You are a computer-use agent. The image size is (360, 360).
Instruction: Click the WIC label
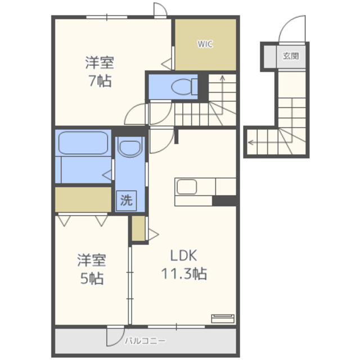pos(205,44)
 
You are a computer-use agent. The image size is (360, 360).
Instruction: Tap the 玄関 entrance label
pos(291,56)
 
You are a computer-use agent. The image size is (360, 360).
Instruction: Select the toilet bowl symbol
pos(184,87)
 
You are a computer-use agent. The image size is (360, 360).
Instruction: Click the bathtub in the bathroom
pos(83,143)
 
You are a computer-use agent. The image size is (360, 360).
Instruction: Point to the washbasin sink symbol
pos(130,148)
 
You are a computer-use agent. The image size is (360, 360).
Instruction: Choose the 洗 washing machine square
pos(126,200)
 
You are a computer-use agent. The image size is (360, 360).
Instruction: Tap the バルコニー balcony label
pos(145,341)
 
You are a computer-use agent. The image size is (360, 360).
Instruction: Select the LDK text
pos(184,255)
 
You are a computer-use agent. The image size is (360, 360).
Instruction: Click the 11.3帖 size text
pos(184,274)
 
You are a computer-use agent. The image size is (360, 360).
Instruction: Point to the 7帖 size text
pos(100,81)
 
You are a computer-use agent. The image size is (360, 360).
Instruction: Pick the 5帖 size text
pos(92,278)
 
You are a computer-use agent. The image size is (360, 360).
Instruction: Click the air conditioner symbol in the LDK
pos(223,319)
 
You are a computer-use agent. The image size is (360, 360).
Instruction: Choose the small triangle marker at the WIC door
pos(166,64)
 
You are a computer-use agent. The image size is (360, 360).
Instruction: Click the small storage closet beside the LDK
pos(138,228)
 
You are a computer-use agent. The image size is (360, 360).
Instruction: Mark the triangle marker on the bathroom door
pos(107,175)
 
